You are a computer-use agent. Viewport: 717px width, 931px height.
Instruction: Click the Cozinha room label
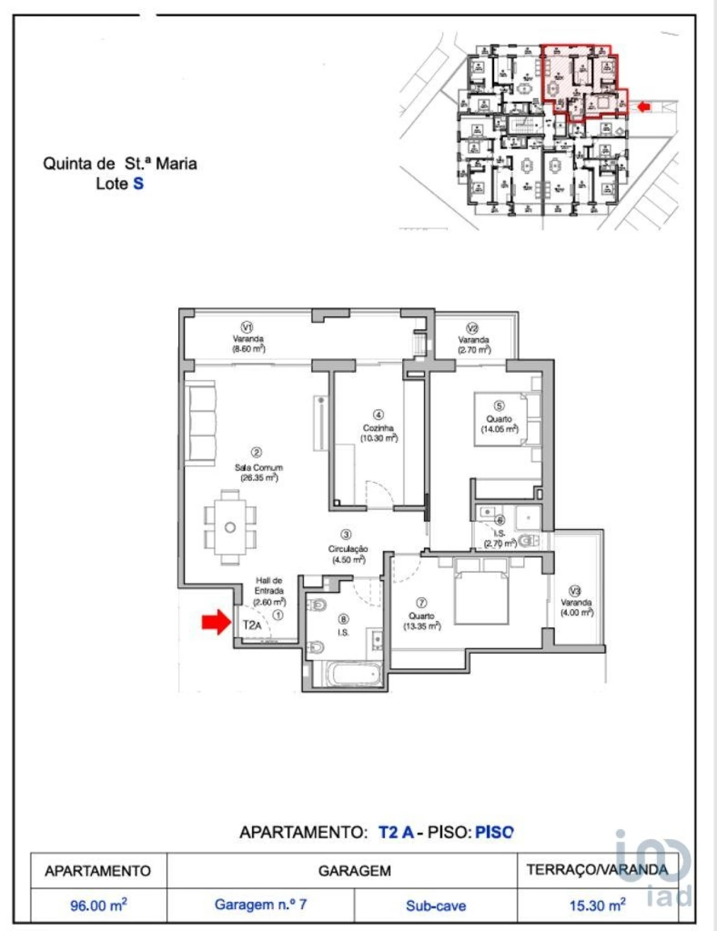click(378, 428)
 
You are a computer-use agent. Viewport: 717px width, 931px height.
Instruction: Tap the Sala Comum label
click(258, 467)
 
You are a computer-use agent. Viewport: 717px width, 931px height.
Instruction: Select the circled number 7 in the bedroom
click(421, 602)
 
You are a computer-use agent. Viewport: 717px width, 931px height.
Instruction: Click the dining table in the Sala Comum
click(230, 527)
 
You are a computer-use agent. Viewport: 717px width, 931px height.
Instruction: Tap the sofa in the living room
click(201, 423)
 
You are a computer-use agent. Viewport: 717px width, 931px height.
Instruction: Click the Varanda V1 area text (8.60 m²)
click(249, 348)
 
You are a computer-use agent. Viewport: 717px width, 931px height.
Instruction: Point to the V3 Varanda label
click(576, 602)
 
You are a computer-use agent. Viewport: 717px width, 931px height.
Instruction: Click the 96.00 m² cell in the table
click(99, 905)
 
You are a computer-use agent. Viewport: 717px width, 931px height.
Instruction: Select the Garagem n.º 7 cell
click(260, 904)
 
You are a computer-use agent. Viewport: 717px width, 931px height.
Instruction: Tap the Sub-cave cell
click(436, 905)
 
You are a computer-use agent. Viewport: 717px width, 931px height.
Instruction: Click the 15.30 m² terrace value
click(597, 905)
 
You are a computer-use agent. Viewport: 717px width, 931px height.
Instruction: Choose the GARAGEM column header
click(354, 871)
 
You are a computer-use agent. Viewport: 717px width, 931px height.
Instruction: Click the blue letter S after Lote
click(138, 184)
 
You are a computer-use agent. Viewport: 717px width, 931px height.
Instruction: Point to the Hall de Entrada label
click(269, 586)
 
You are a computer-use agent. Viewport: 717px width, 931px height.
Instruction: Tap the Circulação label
click(348, 549)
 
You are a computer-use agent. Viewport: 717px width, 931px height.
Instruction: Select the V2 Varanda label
click(473, 340)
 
